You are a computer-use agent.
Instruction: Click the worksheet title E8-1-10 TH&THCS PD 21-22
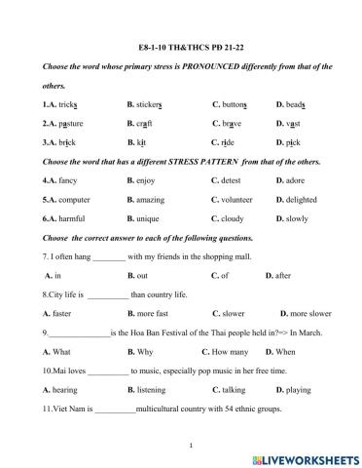(x=180, y=47)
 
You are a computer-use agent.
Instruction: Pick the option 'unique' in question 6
(x=146, y=219)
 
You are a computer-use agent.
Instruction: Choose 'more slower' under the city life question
(x=310, y=314)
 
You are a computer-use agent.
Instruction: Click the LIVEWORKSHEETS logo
(x=304, y=457)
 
